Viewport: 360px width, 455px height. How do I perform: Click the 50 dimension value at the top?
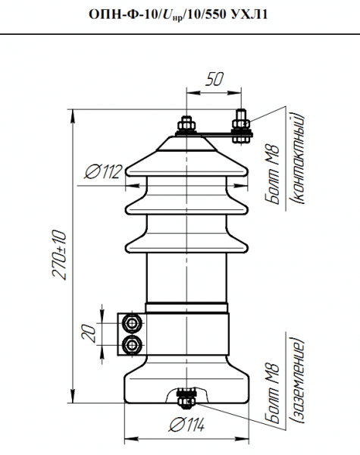click(x=214, y=79)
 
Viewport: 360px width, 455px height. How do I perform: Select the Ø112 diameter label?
click(x=103, y=171)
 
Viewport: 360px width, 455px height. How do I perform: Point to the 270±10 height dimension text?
click(x=59, y=255)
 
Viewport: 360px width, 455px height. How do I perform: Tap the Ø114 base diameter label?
click(x=186, y=425)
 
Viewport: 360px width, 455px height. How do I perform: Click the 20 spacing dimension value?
click(x=89, y=333)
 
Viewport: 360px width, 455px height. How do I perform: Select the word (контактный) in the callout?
click(x=297, y=158)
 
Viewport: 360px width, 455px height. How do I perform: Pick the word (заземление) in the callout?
click(x=297, y=381)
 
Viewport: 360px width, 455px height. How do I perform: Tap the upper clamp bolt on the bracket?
click(x=133, y=323)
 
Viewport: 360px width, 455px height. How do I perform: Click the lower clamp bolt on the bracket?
click(x=133, y=345)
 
